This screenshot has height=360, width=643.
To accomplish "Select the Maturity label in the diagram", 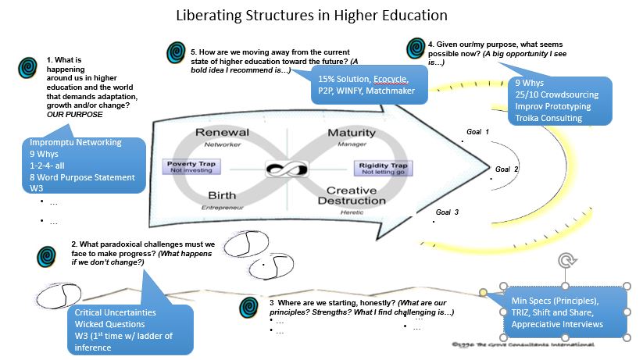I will click(351, 133).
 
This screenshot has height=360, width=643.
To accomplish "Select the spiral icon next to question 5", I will click(177, 53).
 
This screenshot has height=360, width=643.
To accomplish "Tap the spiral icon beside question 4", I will click(416, 48).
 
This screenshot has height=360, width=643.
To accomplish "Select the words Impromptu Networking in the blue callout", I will click(75, 143).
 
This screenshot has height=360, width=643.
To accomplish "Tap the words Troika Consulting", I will click(548, 118).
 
